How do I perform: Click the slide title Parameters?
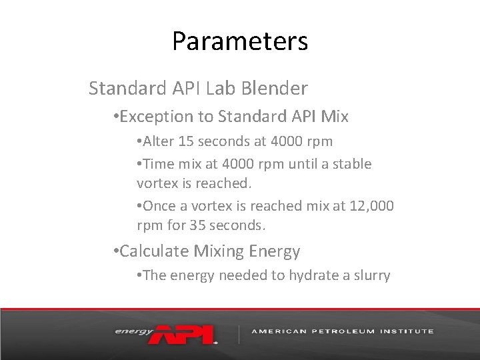(x=240, y=41)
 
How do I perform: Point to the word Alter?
(x=159, y=141)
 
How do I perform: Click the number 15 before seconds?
(x=186, y=141)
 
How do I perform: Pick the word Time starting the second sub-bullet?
(x=158, y=163)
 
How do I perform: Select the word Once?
(x=159, y=206)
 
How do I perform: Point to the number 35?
(x=198, y=225)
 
